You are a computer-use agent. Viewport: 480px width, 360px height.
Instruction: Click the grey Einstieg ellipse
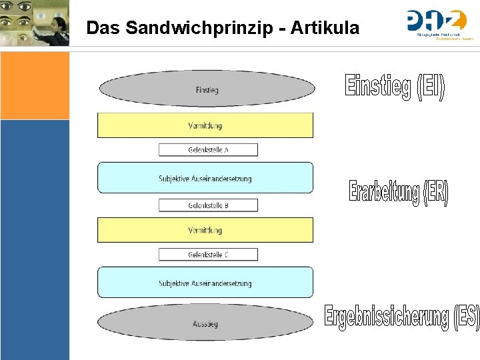click(x=207, y=89)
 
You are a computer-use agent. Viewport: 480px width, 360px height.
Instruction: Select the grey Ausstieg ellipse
click(x=205, y=323)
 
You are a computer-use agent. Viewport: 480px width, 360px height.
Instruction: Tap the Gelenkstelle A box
click(x=208, y=150)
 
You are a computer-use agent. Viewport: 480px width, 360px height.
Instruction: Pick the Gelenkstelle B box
click(x=208, y=205)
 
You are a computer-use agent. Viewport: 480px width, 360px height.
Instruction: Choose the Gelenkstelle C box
click(x=208, y=255)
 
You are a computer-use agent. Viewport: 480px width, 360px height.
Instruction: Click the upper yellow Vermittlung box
click(x=205, y=125)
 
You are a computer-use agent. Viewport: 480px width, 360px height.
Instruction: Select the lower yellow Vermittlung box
click(x=205, y=230)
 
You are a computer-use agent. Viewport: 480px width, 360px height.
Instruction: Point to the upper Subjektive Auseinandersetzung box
click(x=205, y=178)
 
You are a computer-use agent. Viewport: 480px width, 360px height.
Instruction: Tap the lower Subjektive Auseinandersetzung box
click(x=205, y=283)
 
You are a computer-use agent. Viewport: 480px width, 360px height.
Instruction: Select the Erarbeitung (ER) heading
click(x=399, y=192)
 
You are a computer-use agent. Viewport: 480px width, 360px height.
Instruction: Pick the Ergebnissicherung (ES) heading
click(x=401, y=316)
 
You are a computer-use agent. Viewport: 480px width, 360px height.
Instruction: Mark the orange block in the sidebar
click(x=35, y=85)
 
